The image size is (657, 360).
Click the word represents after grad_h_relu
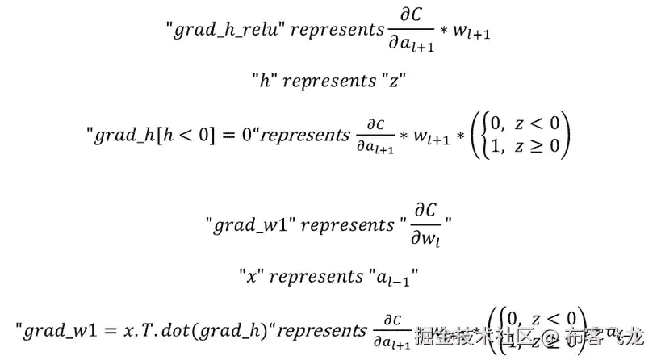pyautogui.click(x=337, y=31)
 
